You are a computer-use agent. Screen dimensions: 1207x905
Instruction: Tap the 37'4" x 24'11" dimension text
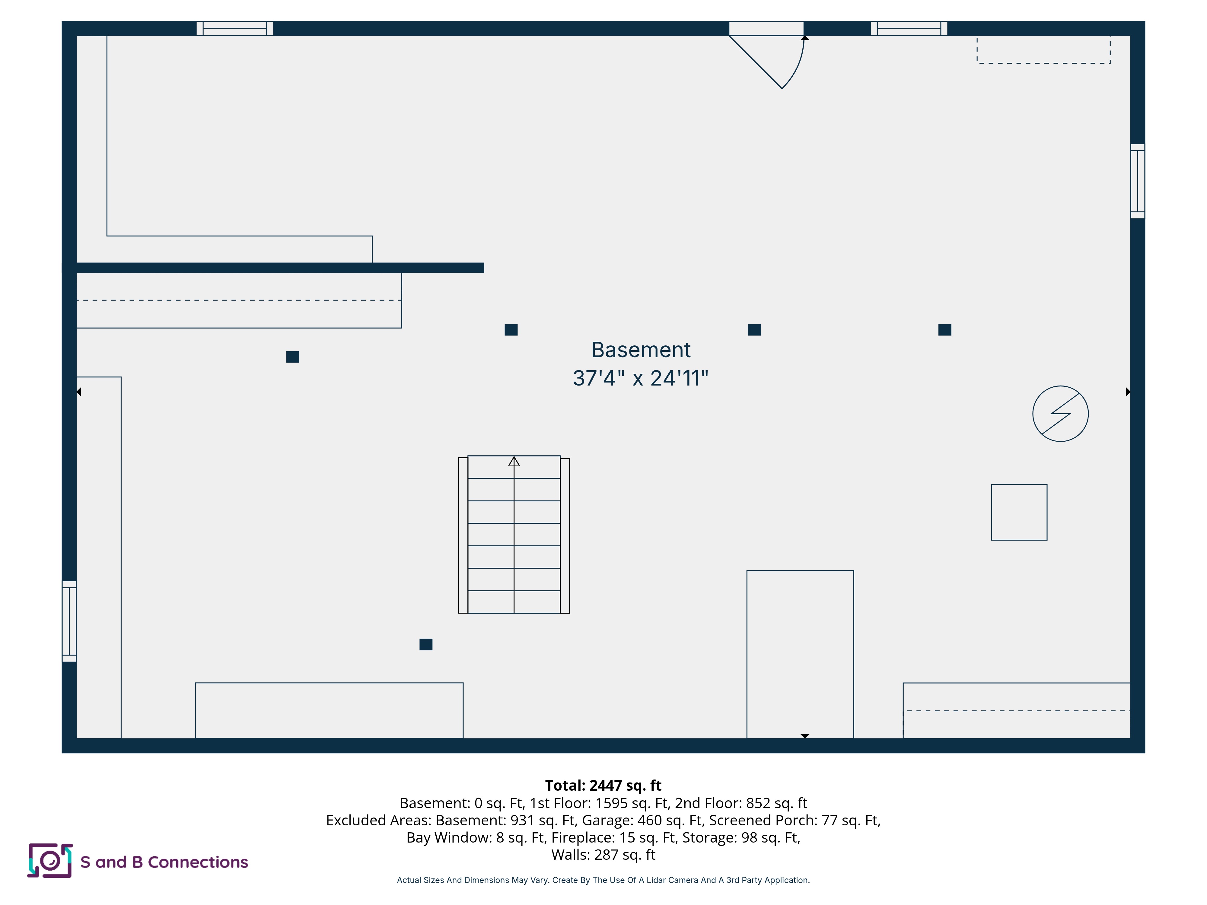tap(641, 378)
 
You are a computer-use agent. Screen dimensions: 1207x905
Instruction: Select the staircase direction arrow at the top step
tap(514, 462)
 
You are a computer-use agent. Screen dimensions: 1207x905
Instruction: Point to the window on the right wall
tap(1138, 181)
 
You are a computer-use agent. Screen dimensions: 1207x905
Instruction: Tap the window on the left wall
tap(69, 621)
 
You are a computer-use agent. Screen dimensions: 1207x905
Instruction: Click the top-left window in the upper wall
tap(235, 28)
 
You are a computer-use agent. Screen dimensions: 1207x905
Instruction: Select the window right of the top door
tap(909, 28)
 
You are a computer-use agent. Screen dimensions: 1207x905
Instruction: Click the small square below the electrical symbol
tap(1019, 512)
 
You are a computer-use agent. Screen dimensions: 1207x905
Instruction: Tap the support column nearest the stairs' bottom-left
tap(426, 644)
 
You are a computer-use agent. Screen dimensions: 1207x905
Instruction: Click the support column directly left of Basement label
tap(511, 329)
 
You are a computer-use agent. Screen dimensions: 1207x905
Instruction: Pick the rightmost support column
tap(945, 329)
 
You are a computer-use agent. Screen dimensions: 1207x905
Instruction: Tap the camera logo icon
tap(50, 861)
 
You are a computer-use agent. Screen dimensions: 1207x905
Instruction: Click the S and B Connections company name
tap(164, 862)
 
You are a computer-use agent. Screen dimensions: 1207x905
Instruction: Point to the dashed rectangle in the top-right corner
tap(1043, 50)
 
